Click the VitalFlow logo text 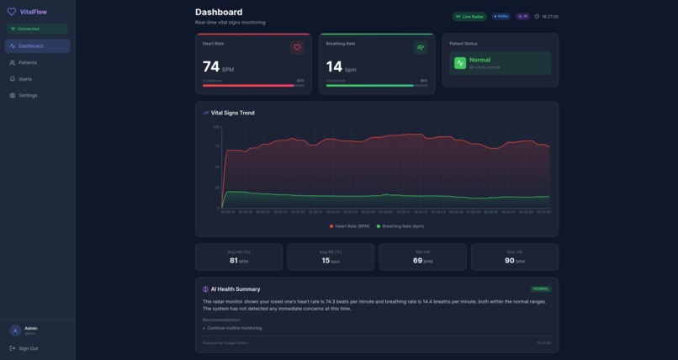click(33, 12)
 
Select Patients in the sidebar click(28, 62)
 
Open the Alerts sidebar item click(25, 79)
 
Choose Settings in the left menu click(28, 95)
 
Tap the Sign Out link click(28, 348)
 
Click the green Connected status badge click(27, 29)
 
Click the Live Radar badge click(469, 16)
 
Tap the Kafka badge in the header click(501, 16)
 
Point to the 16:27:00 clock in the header click(548, 16)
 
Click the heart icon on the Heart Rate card click(296, 47)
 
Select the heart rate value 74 click(210, 66)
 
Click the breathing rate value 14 click(334, 66)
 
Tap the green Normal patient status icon click(460, 62)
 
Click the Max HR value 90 click(509, 261)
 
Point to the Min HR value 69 click(417, 261)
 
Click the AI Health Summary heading click(235, 289)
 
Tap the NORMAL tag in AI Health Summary click(541, 289)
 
